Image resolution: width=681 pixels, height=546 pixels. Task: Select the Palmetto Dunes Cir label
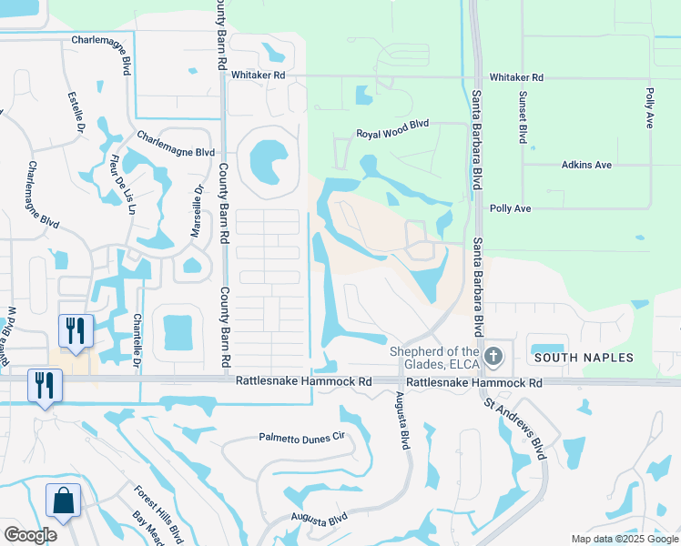(301, 437)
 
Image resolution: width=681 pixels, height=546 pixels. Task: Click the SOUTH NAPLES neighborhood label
(583, 359)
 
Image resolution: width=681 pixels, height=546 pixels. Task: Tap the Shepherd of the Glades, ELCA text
(434, 359)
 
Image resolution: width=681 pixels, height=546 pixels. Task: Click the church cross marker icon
(493, 356)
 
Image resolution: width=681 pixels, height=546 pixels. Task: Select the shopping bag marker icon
(64, 500)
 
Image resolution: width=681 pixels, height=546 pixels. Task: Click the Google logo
(30, 535)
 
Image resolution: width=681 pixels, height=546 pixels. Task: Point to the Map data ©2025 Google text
(624, 539)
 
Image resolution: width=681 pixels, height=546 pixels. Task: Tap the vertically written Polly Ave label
(650, 107)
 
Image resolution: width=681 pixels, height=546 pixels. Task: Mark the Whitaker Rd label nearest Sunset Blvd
(515, 78)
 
